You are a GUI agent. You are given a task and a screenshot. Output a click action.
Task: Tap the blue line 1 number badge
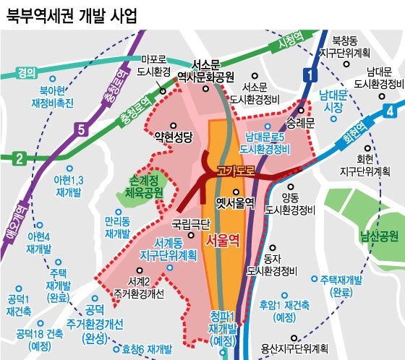click(308, 74)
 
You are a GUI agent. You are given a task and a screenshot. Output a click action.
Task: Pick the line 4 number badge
click(391, 111)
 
